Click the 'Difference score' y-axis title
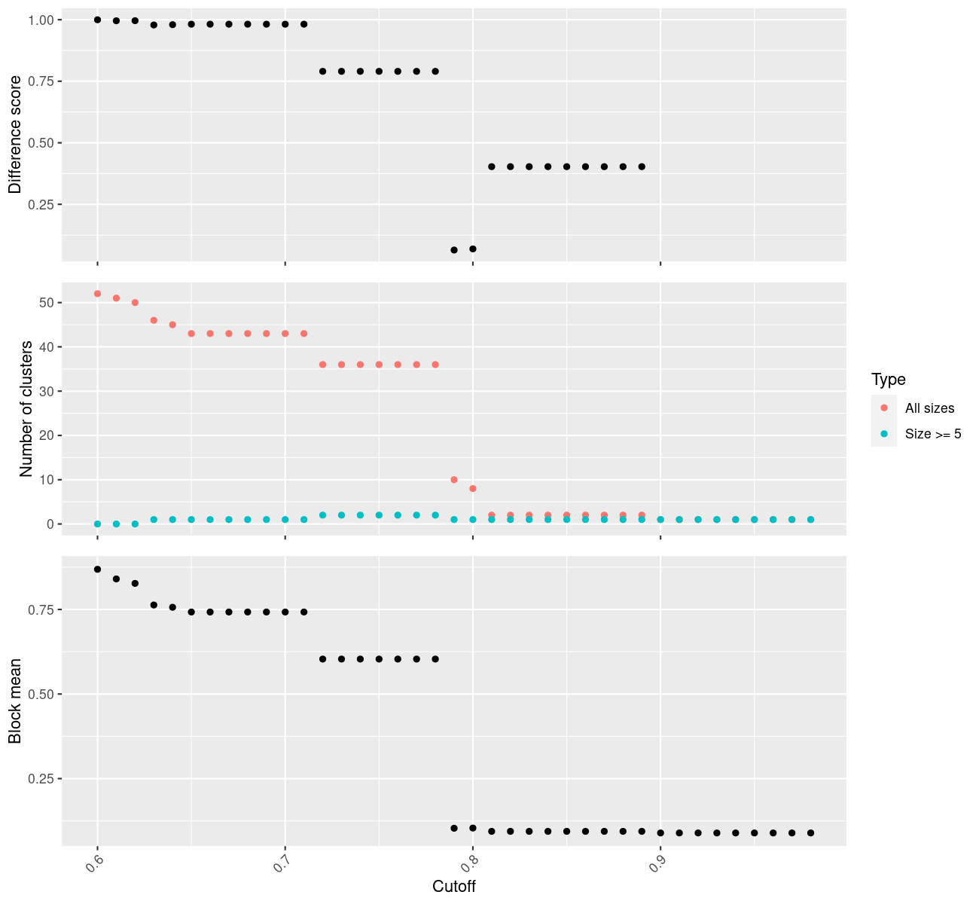15,134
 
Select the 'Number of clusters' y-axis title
27,408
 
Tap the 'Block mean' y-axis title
15,701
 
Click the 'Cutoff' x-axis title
453,886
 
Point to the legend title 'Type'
888,379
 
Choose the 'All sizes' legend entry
929,408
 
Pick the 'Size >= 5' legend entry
933,434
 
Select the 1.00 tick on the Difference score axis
41,20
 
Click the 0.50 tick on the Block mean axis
41,694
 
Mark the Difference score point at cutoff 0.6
97,20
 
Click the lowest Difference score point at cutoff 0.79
454,250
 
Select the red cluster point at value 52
97,294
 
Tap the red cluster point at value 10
454,480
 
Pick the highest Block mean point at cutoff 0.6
97,570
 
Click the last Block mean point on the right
811,832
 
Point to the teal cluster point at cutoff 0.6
97,524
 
